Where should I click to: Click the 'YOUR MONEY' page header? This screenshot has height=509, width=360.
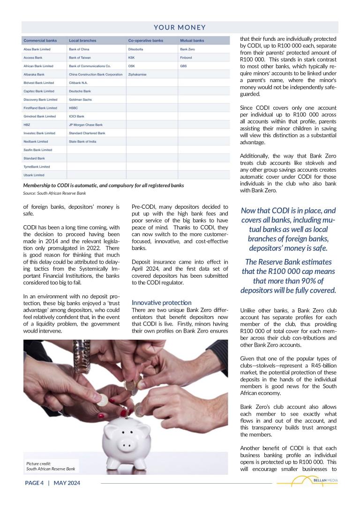(180, 28)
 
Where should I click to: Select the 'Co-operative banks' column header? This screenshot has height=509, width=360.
(145, 41)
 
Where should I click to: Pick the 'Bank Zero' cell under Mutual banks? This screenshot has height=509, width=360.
(187, 49)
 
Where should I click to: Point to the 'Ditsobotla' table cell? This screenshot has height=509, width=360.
(135, 49)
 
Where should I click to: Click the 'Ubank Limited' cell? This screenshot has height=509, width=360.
(34, 175)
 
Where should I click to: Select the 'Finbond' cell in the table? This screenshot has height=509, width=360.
(186, 58)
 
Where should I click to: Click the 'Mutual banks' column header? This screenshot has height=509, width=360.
(192, 41)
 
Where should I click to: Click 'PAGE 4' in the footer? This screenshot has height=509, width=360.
(34, 483)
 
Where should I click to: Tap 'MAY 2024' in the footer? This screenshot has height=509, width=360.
(67, 483)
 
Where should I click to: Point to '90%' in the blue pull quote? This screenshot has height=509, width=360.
(307, 281)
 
